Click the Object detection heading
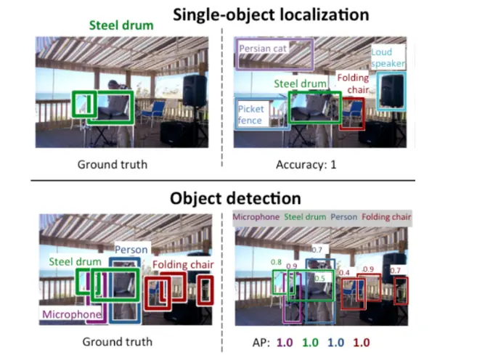(x=235, y=197)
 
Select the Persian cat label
(x=264, y=49)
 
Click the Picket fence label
(x=251, y=115)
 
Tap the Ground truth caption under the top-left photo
(x=113, y=165)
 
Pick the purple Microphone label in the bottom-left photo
(x=71, y=314)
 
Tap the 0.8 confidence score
(x=276, y=262)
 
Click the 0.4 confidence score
(x=344, y=273)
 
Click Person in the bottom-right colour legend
(x=344, y=216)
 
